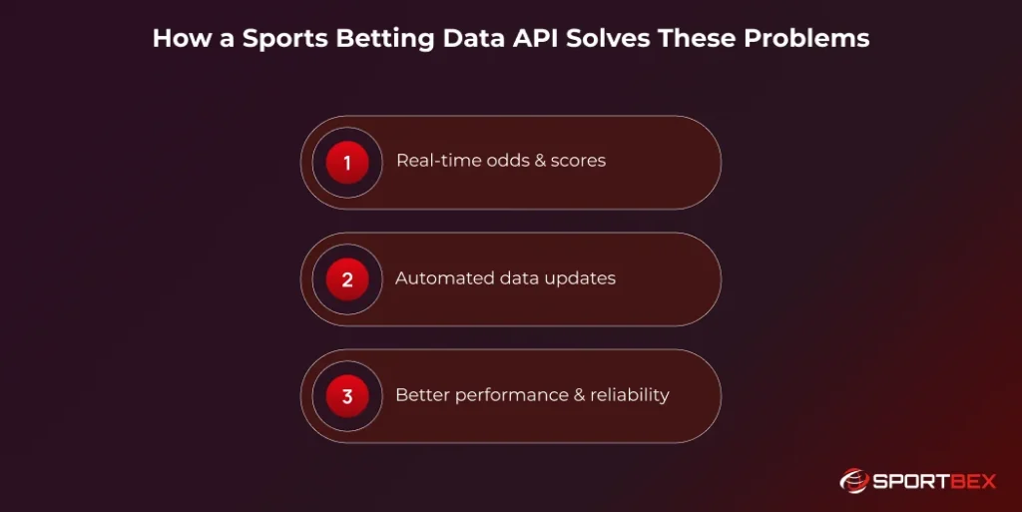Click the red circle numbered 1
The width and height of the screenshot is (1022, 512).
347,163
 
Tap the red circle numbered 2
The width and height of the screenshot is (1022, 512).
347,279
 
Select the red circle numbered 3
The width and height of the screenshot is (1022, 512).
347,396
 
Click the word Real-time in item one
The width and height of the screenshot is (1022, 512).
435,161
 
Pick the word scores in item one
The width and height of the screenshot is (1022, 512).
578,161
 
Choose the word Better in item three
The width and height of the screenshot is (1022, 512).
422,395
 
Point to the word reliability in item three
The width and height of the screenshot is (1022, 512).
630,395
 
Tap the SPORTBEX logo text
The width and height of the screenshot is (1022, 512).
935,480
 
